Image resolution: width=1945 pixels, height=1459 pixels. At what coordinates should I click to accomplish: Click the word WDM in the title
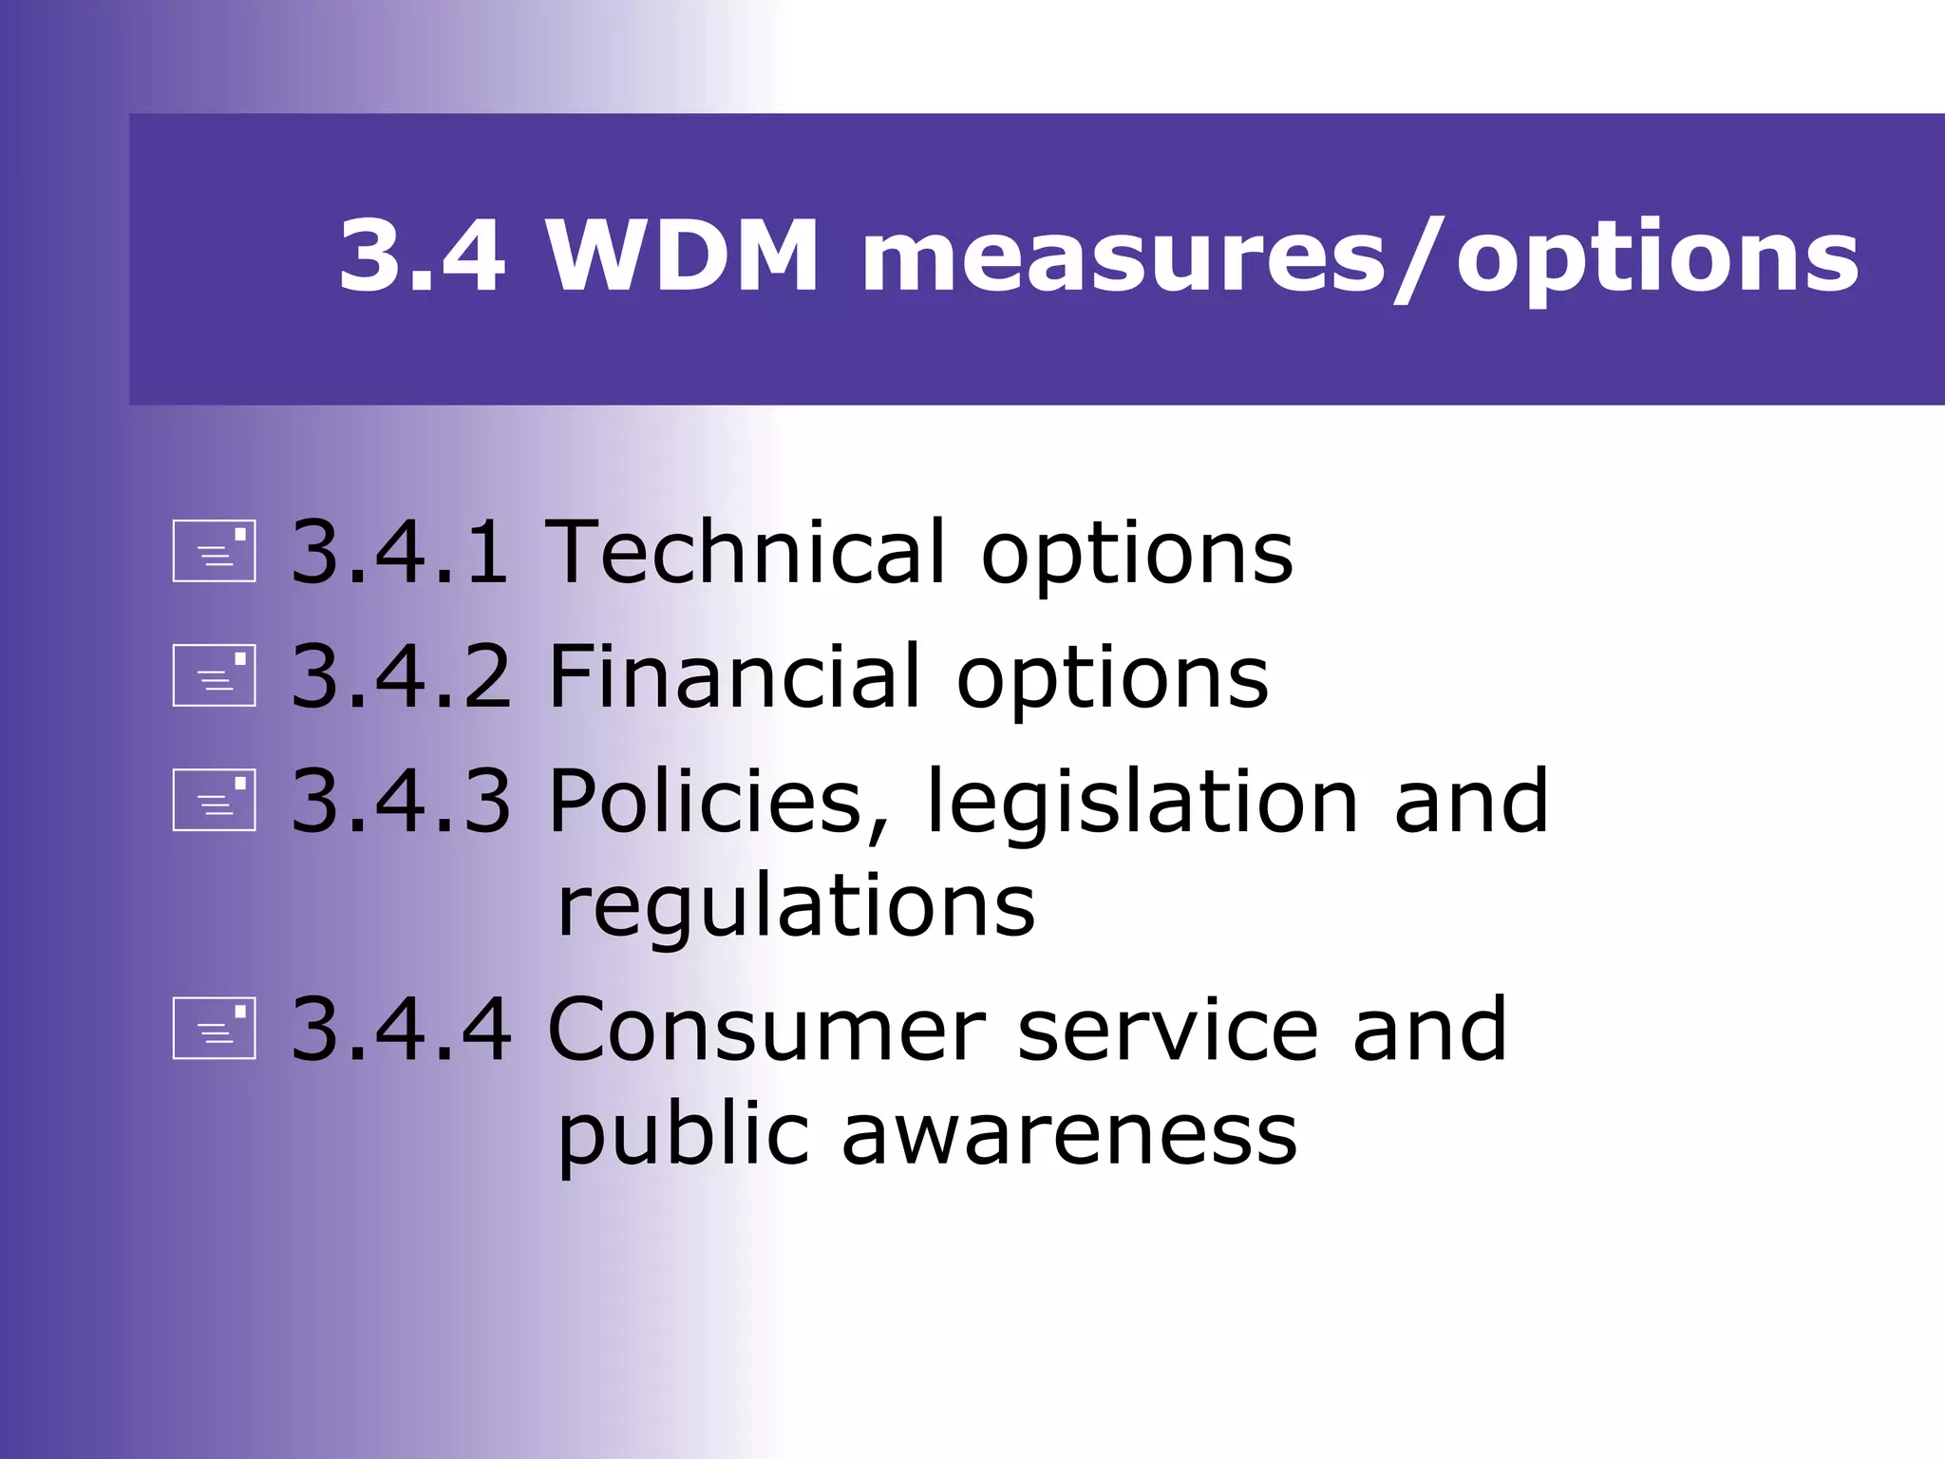[x=681, y=256]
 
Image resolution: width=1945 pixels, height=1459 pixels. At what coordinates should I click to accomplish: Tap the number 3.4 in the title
[x=422, y=256]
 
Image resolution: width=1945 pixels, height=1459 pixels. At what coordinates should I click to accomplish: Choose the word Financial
[x=734, y=676]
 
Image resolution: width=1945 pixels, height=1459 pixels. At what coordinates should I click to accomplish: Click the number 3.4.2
[x=400, y=676]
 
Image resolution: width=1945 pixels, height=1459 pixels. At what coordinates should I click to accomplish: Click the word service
[x=1168, y=1030]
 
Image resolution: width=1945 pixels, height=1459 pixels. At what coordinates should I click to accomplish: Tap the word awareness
[x=1069, y=1134]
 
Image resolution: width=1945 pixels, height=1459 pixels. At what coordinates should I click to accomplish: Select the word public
[x=681, y=1136]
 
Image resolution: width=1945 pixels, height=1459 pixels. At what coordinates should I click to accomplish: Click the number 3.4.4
[x=400, y=1030]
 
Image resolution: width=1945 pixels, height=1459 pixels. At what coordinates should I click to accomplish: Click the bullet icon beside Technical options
[x=215, y=551]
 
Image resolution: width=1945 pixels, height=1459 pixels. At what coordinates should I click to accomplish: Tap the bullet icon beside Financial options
[x=215, y=675]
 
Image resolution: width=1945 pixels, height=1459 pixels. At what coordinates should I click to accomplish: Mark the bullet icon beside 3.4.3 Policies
[x=215, y=800]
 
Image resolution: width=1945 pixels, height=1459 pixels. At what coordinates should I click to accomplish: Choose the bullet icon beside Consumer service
[x=215, y=1028]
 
